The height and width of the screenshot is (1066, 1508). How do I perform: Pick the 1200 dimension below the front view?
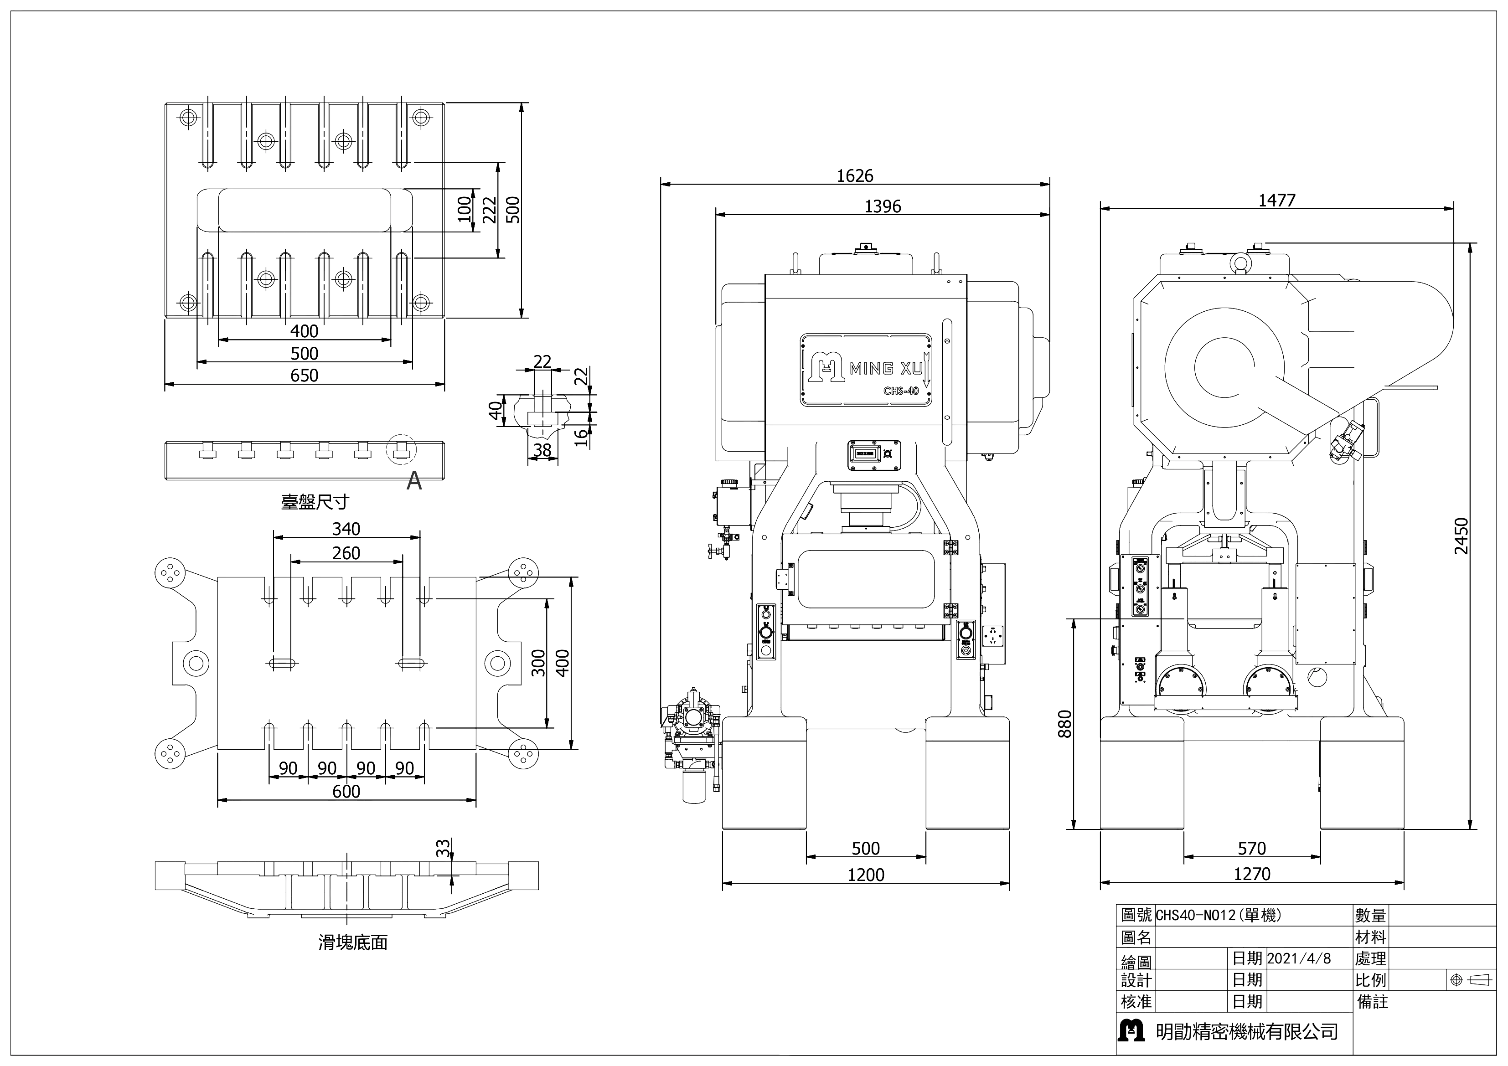click(x=866, y=874)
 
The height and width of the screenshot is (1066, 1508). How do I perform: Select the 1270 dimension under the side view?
click(x=1252, y=874)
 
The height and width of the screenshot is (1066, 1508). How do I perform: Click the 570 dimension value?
click(x=1251, y=849)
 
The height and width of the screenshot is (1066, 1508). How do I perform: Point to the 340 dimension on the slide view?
click(x=346, y=529)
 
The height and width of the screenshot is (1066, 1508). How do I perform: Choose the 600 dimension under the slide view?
click(x=346, y=791)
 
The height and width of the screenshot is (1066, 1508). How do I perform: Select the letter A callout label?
click(x=414, y=483)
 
